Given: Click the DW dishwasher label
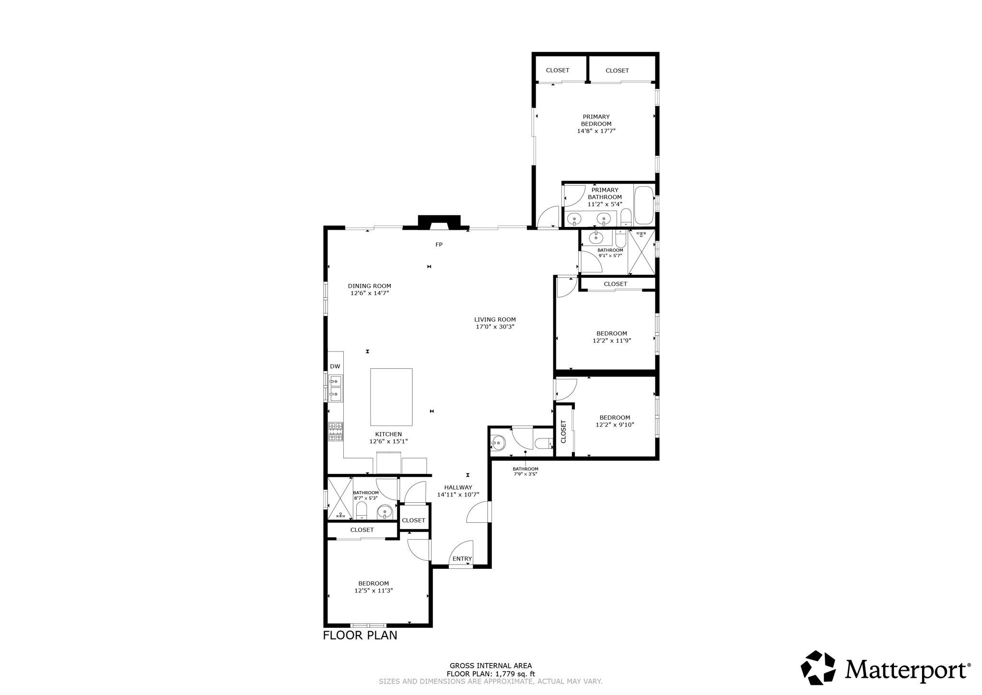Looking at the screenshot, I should point(335,366).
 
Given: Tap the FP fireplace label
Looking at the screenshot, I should point(439,245).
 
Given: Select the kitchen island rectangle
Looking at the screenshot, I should point(391,397).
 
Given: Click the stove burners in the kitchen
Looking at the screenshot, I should point(335,431).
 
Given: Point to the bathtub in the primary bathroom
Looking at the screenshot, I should point(644,206).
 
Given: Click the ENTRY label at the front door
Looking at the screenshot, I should point(462,559).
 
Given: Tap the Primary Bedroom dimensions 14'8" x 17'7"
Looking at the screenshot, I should point(596,131).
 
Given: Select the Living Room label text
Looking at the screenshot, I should point(495,319).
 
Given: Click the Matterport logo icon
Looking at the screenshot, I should point(818,667).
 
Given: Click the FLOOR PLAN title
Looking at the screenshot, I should point(360,635).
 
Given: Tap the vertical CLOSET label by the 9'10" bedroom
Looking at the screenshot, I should point(563,431).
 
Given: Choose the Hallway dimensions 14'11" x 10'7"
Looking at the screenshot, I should point(458,495).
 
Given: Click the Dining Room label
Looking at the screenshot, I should point(369,286).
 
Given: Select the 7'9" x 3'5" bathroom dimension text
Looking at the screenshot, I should point(525,474).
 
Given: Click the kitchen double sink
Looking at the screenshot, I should point(335,389).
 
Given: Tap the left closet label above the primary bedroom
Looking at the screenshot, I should point(558,70).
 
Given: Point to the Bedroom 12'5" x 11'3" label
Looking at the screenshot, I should point(374,587).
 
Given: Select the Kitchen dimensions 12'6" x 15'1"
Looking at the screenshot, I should point(388,441).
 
